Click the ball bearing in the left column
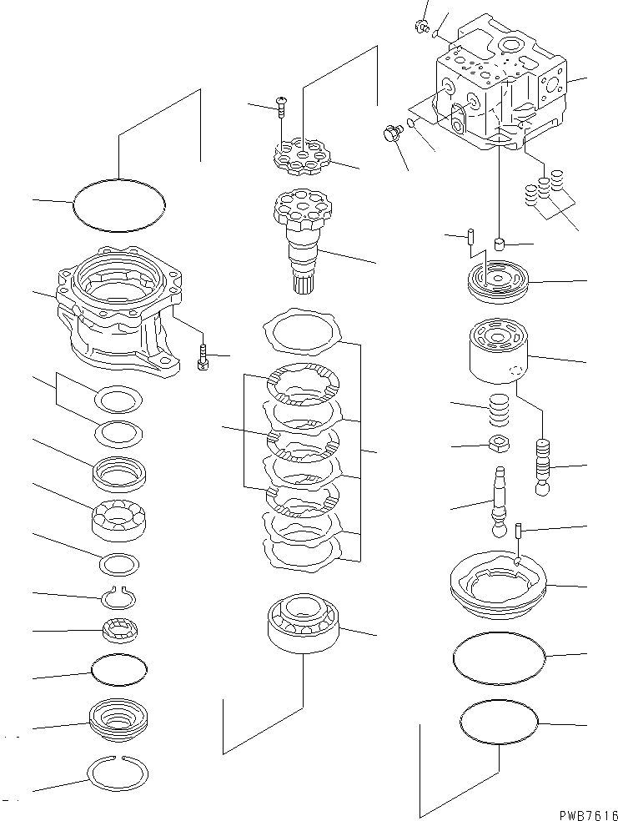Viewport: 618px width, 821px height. pyautogui.click(x=117, y=523)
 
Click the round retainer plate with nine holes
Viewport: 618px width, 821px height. pyautogui.click(x=303, y=158)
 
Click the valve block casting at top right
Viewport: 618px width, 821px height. pyautogui.click(x=500, y=92)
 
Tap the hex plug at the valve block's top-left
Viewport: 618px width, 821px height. pyautogui.click(x=421, y=28)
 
